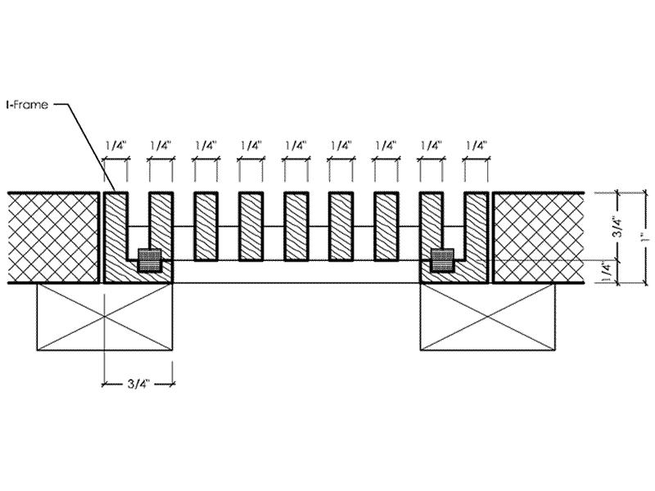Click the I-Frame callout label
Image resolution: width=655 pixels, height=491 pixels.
point(27,105)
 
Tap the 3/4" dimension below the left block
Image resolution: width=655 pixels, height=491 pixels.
point(138,384)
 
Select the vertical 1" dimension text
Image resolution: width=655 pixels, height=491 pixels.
point(646,238)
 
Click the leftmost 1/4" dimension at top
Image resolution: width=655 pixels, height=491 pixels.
point(115,146)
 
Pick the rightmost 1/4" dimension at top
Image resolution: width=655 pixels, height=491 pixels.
point(477,146)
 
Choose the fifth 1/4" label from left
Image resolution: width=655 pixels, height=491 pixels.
point(296,146)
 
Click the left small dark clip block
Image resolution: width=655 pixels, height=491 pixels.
point(150,260)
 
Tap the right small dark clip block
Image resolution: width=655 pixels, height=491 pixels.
point(442,260)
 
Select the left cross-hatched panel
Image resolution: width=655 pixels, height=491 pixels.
point(54,238)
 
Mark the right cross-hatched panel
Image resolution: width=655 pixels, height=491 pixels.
point(539,238)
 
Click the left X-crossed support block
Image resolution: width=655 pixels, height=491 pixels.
point(105,317)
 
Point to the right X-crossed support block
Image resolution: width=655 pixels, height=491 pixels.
point(488,317)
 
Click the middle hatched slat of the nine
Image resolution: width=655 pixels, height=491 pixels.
point(296,227)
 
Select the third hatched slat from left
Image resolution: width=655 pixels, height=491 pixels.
point(206,227)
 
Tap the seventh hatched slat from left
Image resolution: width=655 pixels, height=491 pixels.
point(386,227)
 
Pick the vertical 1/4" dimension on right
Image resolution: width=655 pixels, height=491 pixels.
point(607,272)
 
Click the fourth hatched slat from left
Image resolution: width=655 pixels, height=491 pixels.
point(251,227)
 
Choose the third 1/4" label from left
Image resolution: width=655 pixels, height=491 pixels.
point(206,146)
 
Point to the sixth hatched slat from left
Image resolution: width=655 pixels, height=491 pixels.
point(341,227)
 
